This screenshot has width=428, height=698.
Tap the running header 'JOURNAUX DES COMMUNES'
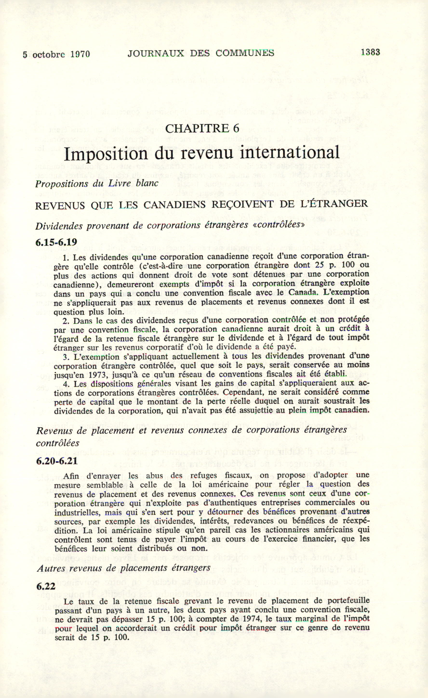pos(201,53)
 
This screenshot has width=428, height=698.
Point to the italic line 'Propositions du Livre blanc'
pos(97,184)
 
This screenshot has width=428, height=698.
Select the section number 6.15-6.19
pos(56,243)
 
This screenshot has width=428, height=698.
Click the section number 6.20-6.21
pos(57,461)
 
